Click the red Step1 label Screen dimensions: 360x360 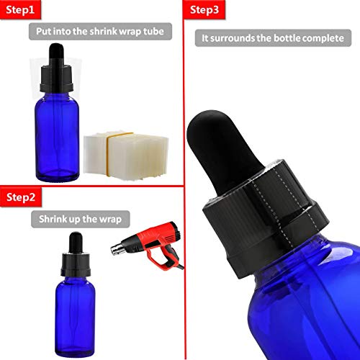[20, 9]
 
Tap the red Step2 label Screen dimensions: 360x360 [21, 197]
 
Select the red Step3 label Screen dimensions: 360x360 [204, 9]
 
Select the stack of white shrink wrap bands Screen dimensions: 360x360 [126, 156]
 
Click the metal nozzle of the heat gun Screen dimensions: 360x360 [117, 249]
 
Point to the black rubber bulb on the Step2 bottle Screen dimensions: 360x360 [76, 243]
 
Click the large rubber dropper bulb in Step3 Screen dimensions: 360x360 [221, 151]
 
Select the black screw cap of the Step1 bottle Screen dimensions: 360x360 [56, 78]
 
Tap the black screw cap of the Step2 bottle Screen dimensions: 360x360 [76, 264]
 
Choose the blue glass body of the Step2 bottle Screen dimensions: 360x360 [75, 317]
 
